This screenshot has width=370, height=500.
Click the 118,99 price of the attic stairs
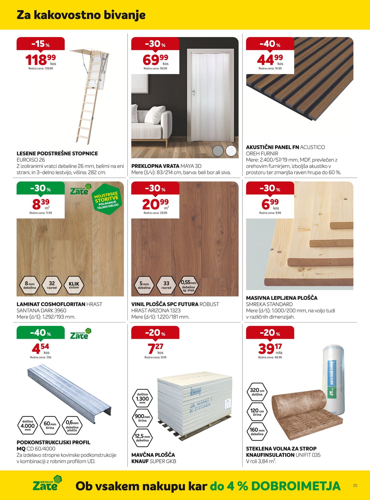click(x=40, y=60)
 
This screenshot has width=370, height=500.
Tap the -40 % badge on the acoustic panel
click(x=270, y=44)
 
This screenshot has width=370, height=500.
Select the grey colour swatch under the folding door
click(x=218, y=151)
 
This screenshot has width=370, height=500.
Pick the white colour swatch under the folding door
click(x=231, y=151)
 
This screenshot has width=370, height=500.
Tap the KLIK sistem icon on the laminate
click(x=74, y=285)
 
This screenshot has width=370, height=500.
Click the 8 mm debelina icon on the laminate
click(x=30, y=285)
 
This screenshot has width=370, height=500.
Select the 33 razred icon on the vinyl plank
click(x=166, y=285)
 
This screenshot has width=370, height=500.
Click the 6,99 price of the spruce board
click(x=270, y=204)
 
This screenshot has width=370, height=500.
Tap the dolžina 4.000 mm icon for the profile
click(x=28, y=425)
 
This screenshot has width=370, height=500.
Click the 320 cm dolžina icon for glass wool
click(x=257, y=392)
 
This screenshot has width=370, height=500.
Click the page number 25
click(x=355, y=485)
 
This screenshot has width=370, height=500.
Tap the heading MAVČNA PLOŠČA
click(x=153, y=455)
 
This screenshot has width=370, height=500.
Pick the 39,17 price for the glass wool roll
click(x=270, y=348)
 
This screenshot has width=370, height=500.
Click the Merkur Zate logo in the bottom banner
click(x=46, y=484)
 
